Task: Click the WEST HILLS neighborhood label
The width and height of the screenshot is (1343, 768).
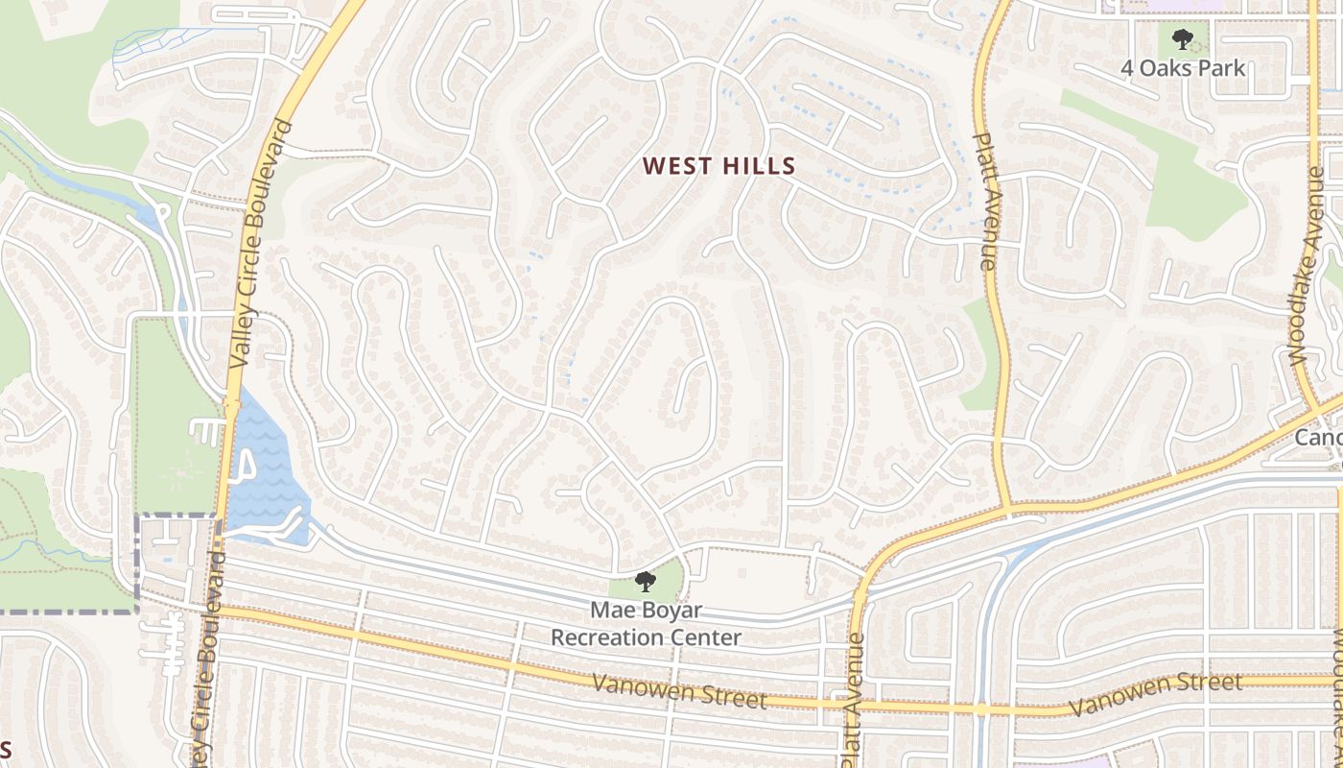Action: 719,166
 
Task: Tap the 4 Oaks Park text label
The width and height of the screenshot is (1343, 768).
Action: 1184,68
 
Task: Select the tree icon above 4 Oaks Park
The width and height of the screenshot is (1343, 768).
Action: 1183,39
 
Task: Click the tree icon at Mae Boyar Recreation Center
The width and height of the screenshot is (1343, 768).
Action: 646,581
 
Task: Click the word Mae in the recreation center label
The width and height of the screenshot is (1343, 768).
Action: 611,611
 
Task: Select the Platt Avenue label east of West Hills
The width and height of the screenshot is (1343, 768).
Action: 985,201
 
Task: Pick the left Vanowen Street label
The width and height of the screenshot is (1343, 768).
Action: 680,690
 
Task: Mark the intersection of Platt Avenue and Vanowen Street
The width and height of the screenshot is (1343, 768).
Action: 848,705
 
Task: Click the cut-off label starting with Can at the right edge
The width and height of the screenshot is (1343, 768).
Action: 1318,438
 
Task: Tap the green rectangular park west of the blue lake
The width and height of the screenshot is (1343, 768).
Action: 177,413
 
